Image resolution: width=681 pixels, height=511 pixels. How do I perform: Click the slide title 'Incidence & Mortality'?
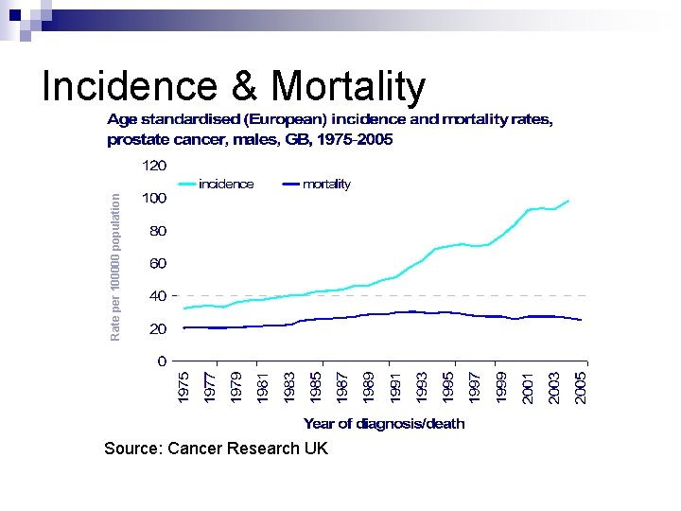pyautogui.click(x=234, y=87)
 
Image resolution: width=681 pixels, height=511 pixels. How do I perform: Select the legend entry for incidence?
pyautogui.click(x=225, y=185)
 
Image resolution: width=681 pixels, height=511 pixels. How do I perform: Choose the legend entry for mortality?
pyautogui.click(x=325, y=185)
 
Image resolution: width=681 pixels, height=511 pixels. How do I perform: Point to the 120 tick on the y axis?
pyautogui.click(x=153, y=166)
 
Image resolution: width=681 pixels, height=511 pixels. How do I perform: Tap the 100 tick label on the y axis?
pyautogui.click(x=153, y=199)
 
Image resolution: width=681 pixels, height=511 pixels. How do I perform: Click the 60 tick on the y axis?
pyautogui.click(x=157, y=264)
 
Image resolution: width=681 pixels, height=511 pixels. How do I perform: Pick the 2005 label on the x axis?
pyautogui.click(x=582, y=388)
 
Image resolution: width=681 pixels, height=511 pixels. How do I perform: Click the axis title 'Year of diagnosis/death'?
pyautogui.click(x=384, y=424)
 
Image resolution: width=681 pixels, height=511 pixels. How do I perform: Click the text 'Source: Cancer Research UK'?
pyautogui.click(x=217, y=449)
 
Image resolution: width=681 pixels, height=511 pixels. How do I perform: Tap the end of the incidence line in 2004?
pyautogui.click(x=568, y=200)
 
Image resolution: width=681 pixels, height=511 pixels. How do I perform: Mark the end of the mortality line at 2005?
pyautogui.click(x=581, y=321)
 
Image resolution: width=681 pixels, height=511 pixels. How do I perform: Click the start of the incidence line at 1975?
pyautogui.click(x=184, y=308)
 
